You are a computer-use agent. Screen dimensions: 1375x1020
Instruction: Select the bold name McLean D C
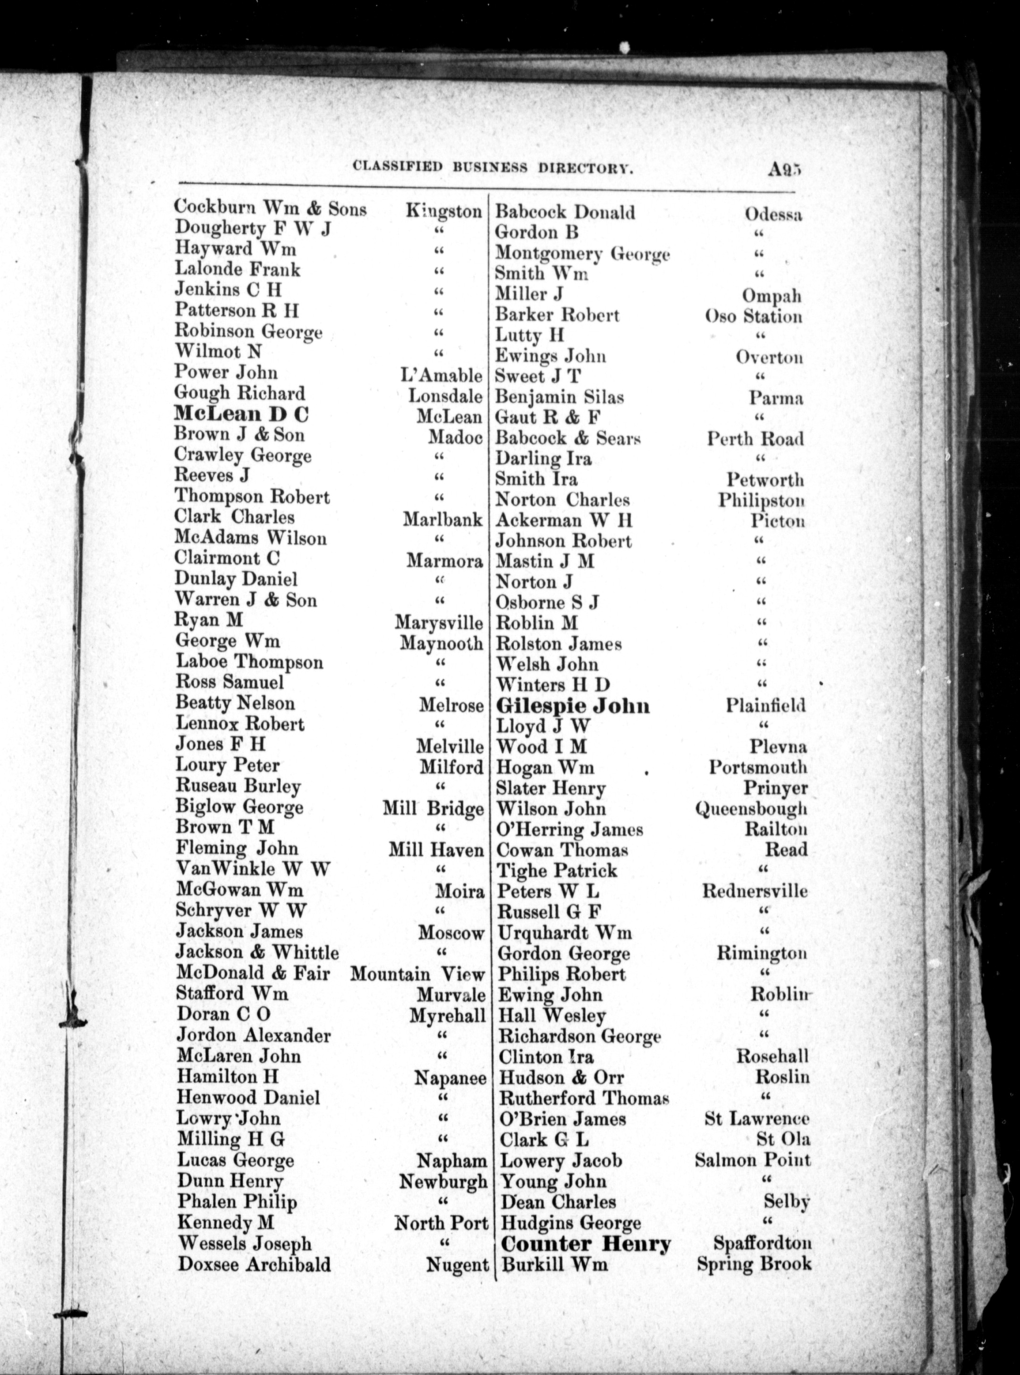coord(241,414)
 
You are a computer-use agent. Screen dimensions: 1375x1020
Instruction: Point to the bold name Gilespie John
coord(573,706)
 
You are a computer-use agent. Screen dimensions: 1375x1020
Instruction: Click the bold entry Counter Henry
coord(586,1243)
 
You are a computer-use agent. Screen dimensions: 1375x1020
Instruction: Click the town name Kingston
coord(443,211)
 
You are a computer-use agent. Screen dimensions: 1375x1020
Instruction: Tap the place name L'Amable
coord(441,375)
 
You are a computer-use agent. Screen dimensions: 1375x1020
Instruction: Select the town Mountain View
coord(417,974)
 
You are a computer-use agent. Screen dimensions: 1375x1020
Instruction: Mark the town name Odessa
coord(773,214)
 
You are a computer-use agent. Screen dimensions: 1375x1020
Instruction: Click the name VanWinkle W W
coord(253,869)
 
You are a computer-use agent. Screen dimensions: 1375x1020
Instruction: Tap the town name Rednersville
coord(755,891)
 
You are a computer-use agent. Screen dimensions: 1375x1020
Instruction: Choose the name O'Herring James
coord(570,829)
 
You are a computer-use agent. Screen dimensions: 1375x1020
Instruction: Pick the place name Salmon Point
coord(752,1160)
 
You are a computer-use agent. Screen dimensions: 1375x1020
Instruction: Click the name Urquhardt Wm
coord(565,932)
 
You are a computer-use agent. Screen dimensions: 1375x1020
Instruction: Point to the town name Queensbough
coord(751,808)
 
